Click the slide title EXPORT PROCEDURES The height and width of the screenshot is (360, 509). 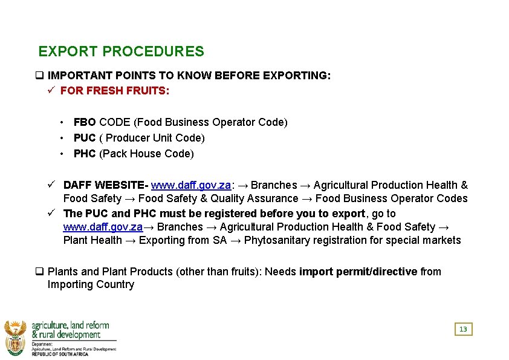[121, 52]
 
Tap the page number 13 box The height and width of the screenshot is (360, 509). [463, 329]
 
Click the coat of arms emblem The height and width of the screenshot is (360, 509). [15, 336]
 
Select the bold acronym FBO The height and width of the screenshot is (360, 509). [85, 122]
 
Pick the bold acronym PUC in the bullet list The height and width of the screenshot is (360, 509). [85, 138]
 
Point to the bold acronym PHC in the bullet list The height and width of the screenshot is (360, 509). [85, 154]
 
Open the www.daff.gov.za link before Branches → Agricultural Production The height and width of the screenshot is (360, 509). [103, 227]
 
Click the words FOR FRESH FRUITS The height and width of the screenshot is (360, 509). [115, 91]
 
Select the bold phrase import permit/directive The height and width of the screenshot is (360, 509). [358, 272]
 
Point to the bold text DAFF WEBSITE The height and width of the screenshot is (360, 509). [105, 185]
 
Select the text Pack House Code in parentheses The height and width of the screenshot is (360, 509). [146, 154]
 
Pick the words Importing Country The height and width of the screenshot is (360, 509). [91, 284]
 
